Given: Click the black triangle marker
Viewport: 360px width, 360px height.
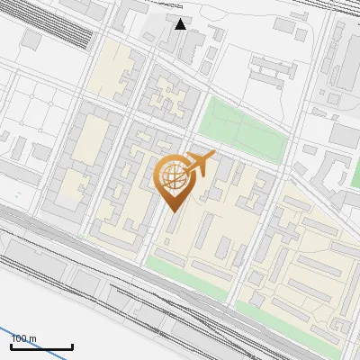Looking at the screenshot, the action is tap(181, 23).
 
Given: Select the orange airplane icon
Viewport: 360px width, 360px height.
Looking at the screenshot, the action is tap(200, 164).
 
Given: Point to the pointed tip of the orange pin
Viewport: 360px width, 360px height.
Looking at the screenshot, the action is tap(171, 211).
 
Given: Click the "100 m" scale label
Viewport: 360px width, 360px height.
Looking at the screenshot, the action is tap(23, 338).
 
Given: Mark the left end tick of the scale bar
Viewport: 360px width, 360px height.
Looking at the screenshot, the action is tap(11, 345).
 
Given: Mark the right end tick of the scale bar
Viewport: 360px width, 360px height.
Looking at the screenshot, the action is tap(72, 345).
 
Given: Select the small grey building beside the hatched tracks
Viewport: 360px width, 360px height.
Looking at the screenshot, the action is tap(32, 40).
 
